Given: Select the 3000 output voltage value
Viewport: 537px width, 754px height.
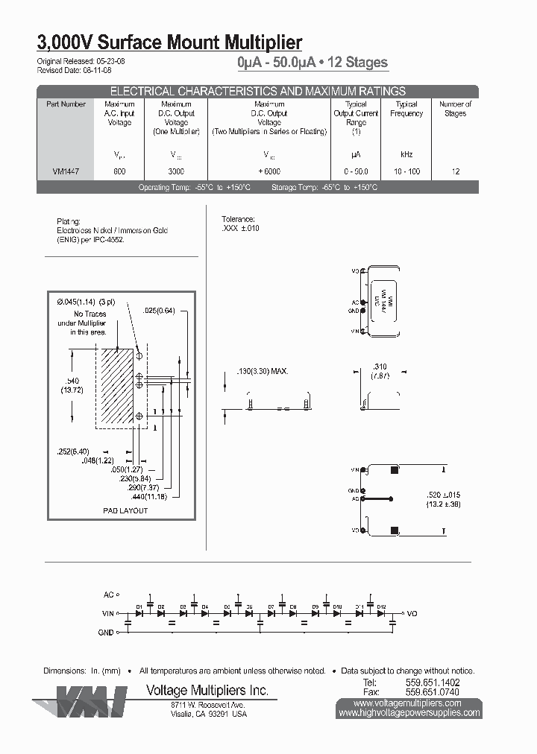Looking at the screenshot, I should tap(177, 171).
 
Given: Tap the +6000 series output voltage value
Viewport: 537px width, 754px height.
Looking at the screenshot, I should tap(269, 171).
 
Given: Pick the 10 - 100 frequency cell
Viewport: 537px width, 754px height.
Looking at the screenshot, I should tap(406, 171).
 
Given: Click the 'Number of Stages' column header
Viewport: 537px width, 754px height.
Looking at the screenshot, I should tap(455, 109).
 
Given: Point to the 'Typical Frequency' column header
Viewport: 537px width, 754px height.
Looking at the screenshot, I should tap(406, 109).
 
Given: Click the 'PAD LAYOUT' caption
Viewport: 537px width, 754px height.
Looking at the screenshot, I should tap(125, 510).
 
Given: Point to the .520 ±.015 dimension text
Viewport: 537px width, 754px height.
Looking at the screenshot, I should tap(443, 495).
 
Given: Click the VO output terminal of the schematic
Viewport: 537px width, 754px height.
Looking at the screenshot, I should tap(411, 613).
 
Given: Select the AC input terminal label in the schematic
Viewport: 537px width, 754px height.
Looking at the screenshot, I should tap(109, 595).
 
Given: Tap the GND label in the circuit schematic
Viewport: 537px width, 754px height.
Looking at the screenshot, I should tap(106, 632).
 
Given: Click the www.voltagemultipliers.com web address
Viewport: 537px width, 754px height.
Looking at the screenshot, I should tap(407, 703).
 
